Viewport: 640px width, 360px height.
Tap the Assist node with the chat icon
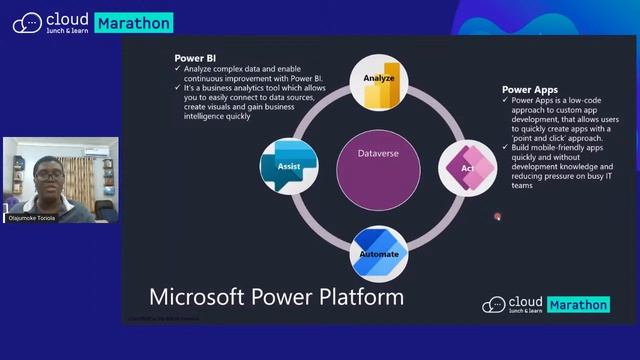pyautogui.click(x=288, y=164)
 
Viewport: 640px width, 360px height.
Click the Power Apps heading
pyautogui.click(x=531, y=90)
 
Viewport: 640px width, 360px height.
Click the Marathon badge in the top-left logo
pyautogui.click(x=134, y=22)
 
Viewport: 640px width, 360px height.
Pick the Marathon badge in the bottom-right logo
pyautogui.click(x=578, y=305)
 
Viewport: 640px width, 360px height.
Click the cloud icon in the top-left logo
pyautogui.click(x=27, y=22)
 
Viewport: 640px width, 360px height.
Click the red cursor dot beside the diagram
pyautogui.click(x=497, y=216)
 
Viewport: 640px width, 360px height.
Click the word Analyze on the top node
pyautogui.click(x=379, y=77)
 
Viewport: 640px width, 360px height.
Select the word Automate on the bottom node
pyautogui.click(x=379, y=255)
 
